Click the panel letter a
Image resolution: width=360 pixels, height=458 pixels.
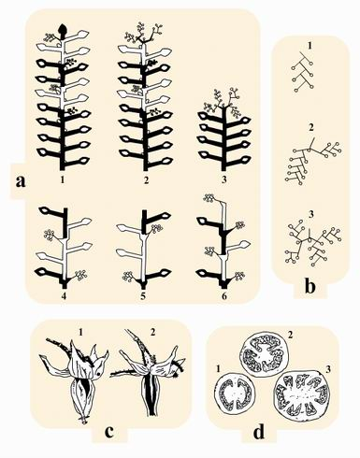pos(21,181)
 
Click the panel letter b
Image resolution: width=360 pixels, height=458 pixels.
pos(310,287)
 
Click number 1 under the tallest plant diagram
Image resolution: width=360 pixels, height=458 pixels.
pos(63,179)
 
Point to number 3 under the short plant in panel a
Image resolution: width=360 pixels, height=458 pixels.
pos(224,179)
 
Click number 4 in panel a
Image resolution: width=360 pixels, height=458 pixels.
pos(64,295)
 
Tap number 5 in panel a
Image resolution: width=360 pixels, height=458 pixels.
pos(143,295)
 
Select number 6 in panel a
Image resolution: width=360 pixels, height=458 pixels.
pos(223,295)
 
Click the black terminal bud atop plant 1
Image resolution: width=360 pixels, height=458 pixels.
pos(64,29)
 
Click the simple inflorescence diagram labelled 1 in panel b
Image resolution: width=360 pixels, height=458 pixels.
pos(303,72)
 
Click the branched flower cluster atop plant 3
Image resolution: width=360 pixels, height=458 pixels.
pos(223,102)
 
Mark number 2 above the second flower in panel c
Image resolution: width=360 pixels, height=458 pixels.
pos(152,333)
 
